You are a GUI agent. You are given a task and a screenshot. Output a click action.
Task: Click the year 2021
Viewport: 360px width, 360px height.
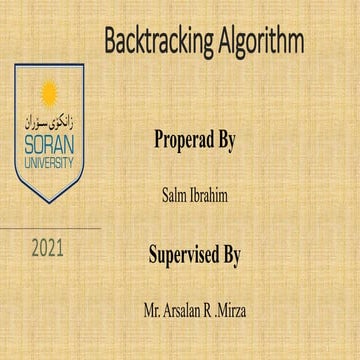click(48, 246)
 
